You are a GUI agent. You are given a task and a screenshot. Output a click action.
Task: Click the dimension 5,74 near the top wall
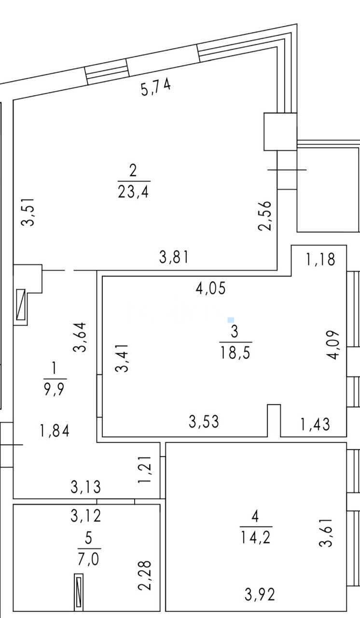[x=156, y=86]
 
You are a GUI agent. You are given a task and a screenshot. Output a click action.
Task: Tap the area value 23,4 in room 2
[x=133, y=192]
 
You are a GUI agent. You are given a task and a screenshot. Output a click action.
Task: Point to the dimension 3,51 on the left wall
[x=28, y=211]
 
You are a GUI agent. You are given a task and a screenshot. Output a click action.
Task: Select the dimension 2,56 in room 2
[x=265, y=216]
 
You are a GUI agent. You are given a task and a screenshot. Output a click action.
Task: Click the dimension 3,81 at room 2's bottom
[x=174, y=257]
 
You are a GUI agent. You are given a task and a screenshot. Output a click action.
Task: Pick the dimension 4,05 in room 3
[x=211, y=288]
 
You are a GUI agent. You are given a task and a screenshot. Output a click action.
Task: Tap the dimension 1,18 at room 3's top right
[x=320, y=259]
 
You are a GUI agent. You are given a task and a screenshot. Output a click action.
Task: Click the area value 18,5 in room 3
[x=235, y=353]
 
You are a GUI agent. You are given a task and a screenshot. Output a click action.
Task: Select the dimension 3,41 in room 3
[x=122, y=358]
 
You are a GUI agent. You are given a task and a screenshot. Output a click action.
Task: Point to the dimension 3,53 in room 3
[x=204, y=421]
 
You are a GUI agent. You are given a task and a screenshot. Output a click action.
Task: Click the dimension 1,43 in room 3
[x=315, y=424]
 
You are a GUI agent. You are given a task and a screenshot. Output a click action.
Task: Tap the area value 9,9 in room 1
[x=55, y=390]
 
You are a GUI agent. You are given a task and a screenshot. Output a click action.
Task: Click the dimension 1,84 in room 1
[x=55, y=431]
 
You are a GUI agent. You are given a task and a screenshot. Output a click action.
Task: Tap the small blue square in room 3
[x=231, y=320]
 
